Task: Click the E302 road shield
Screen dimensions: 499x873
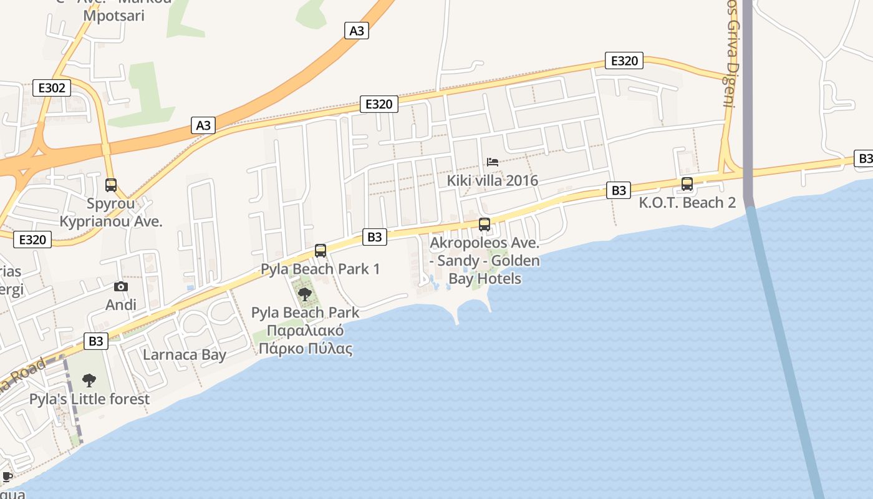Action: [x=52, y=88]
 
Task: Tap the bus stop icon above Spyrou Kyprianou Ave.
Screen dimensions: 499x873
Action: [x=111, y=185]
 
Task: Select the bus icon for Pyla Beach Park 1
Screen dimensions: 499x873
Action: [x=321, y=251]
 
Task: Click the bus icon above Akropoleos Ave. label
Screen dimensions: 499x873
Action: [x=485, y=225]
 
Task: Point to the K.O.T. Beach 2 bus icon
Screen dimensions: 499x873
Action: [x=687, y=184]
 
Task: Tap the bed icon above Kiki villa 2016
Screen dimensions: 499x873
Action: [x=493, y=162]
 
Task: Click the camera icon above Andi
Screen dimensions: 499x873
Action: [x=121, y=287]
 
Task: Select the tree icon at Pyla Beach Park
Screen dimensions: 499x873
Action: [x=305, y=294]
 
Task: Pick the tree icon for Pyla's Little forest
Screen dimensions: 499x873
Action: [x=89, y=380]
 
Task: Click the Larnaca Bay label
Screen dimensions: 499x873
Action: [x=185, y=355]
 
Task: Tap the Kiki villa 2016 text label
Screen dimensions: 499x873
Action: [x=493, y=181]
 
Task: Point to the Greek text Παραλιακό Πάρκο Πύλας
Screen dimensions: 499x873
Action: [x=306, y=340]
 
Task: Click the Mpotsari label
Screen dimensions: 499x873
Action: [x=114, y=16]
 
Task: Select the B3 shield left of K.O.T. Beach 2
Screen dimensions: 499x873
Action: [x=619, y=190]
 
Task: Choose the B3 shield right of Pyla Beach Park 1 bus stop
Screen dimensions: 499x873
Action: [x=374, y=237]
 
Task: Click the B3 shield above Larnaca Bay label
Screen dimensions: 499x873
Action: [x=96, y=341]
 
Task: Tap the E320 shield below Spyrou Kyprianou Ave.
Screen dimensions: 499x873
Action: [x=32, y=240]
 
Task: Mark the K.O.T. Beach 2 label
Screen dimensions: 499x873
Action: [x=687, y=203]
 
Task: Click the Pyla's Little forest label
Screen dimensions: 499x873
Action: [x=90, y=399]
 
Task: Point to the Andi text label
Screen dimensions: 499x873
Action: [x=121, y=305]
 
